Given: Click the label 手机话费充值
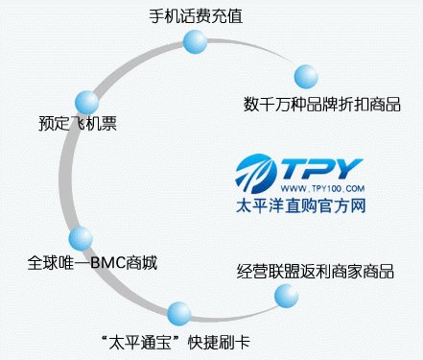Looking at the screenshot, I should point(195,16).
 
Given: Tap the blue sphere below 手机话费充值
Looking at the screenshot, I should point(195,42).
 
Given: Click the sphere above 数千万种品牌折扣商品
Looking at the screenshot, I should point(305,77).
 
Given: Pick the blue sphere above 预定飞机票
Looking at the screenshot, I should point(86,100).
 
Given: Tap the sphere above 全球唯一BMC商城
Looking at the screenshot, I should point(82,238).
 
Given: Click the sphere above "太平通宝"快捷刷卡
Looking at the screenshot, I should point(179,313).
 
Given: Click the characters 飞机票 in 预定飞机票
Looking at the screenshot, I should point(92,123).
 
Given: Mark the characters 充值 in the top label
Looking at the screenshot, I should point(225,16).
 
